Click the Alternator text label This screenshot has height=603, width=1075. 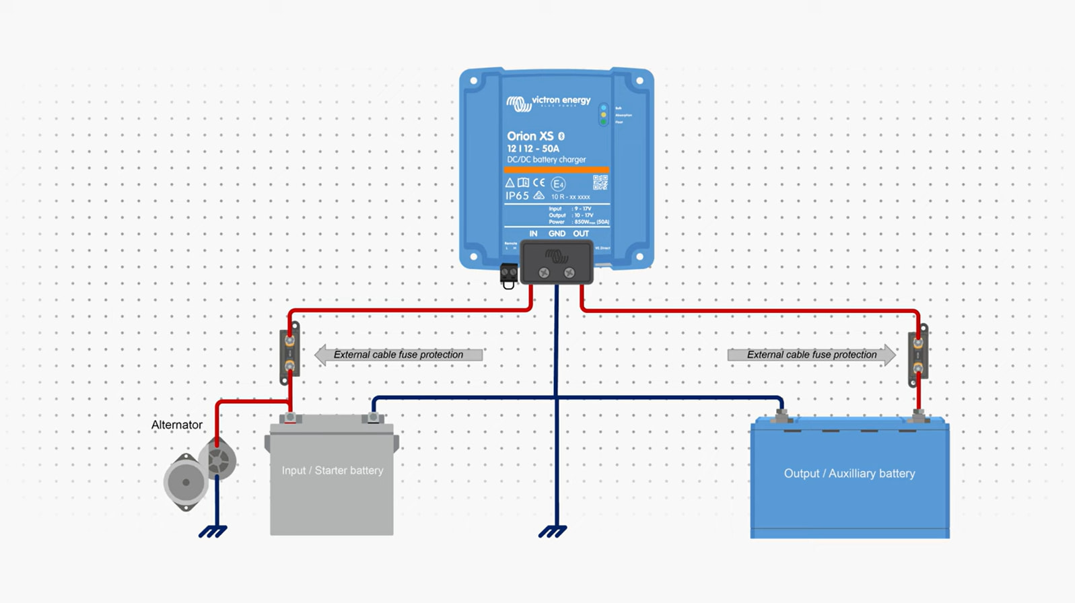[x=176, y=425]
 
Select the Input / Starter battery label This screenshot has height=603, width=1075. [x=332, y=470]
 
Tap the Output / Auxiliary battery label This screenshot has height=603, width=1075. [x=849, y=474]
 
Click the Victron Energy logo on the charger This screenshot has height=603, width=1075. [x=548, y=102]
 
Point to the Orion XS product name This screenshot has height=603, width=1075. [x=530, y=136]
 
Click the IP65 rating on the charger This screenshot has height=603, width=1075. [x=517, y=196]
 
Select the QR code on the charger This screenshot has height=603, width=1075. [x=600, y=182]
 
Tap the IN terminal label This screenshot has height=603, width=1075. [x=533, y=234]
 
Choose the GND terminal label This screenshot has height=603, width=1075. [x=557, y=234]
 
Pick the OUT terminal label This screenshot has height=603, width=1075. [x=581, y=234]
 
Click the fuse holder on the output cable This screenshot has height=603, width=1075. [x=917, y=355]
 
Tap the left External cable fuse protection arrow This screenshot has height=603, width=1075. [x=398, y=355]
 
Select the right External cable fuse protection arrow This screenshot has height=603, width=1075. [x=812, y=355]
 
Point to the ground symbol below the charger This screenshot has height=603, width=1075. [x=553, y=532]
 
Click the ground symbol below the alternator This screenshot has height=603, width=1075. [x=213, y=532]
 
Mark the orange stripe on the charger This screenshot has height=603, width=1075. [x=556, y=170]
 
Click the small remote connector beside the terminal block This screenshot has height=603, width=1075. [x=509, y=275]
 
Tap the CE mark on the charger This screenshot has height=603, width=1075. [x=539, y=182]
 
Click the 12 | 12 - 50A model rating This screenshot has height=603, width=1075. [x=532, y=149]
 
